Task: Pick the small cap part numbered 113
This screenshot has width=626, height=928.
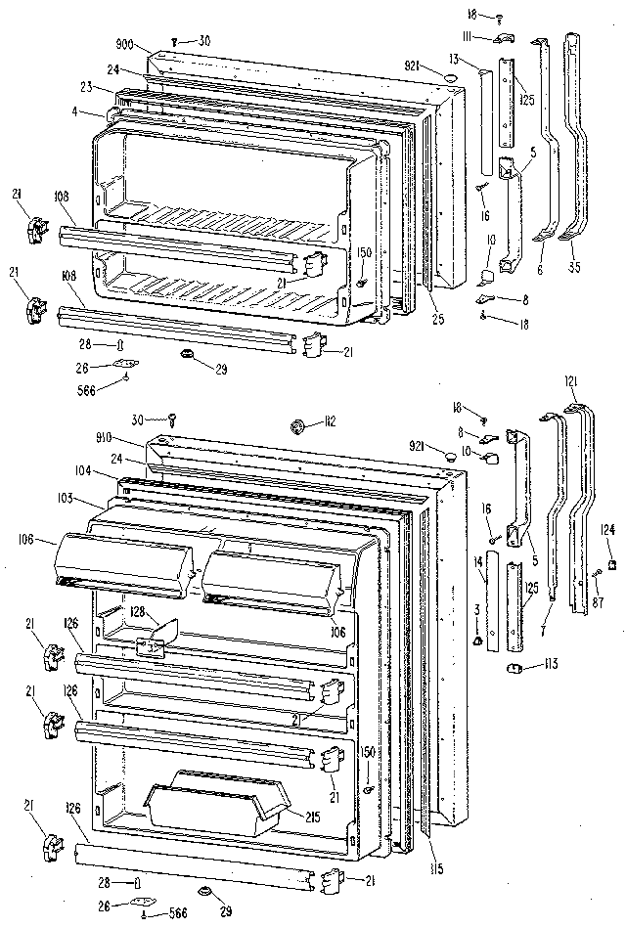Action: pos(510,669)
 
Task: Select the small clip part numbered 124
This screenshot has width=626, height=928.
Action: pos(611,564)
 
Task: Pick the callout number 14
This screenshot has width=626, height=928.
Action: pos(478,561)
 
